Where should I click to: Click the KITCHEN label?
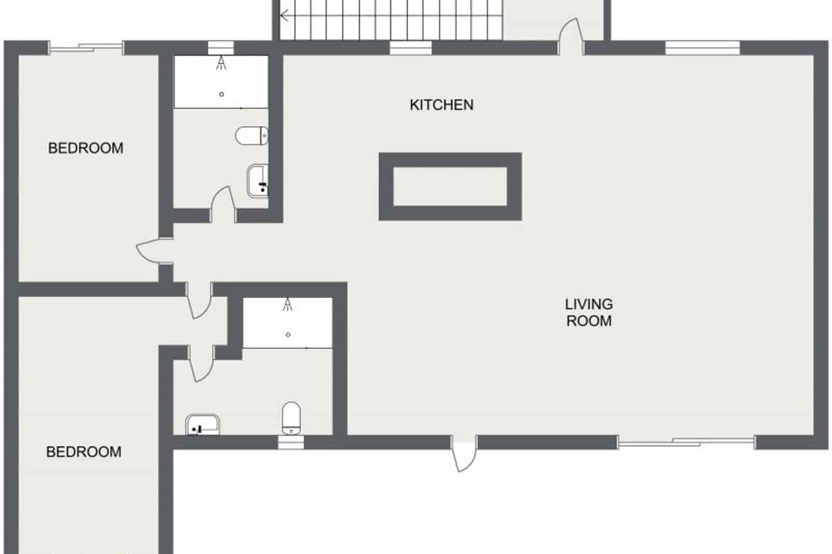[441, 105]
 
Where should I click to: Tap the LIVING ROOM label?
[589, 312]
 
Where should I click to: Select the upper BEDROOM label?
[86, 148]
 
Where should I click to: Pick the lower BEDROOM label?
[84, 452]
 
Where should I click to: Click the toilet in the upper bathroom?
[252, 136]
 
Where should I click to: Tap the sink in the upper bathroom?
[258, 180]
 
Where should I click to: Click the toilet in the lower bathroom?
[291, 417]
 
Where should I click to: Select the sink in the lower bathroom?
[203, 425]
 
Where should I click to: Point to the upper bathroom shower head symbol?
[222, 63]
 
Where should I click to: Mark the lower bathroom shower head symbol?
[288, 305]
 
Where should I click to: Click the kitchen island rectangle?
[450, 186]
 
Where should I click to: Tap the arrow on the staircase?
[285, 16]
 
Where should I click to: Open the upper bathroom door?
[222, 203]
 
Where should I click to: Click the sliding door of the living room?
[686, 443]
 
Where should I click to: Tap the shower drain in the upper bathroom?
[222, 94]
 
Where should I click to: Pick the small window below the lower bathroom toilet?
[291, 443]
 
